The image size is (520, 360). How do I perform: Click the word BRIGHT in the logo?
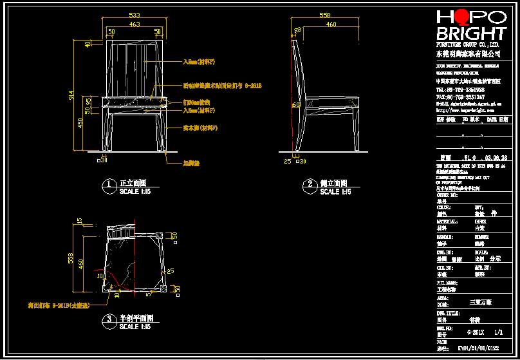coord(470,34)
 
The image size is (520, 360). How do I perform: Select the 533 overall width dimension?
coord(135,14)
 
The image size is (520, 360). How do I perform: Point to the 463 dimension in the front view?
coord(135,24)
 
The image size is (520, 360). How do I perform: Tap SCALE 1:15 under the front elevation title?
coord(135,192)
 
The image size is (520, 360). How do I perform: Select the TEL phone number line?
coord(456,90)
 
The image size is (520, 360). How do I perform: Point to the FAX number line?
coord(456,97)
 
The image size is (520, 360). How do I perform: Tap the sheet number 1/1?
coord(497,334)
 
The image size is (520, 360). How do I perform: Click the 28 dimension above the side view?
coord(298,30)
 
